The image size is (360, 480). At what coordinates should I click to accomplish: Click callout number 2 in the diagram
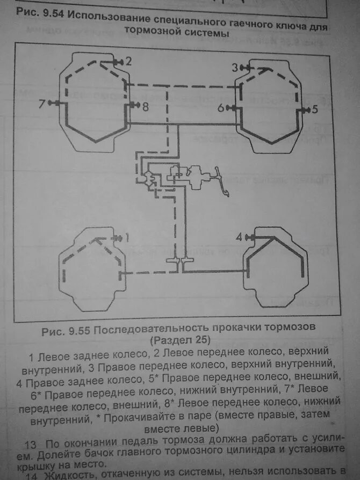[128, 61]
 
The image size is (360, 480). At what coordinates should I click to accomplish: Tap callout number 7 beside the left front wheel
[41, 103]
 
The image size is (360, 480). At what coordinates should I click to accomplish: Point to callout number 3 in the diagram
[234, 67]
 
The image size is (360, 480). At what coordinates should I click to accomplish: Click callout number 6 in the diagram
[221, 108]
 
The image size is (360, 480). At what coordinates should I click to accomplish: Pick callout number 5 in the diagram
[315, 110]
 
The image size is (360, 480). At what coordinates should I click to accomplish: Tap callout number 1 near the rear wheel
[127, 236]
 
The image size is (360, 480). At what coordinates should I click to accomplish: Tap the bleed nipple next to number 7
[52, 103]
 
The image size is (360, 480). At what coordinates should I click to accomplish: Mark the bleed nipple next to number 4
[250, 236]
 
